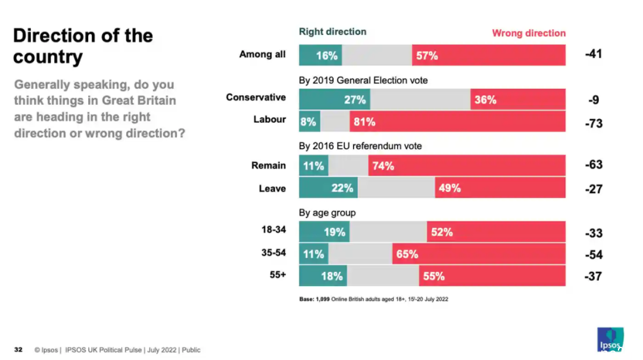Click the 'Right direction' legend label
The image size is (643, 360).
[332, 32]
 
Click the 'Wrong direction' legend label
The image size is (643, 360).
[529, 33]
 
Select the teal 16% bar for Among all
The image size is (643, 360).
[320, 55]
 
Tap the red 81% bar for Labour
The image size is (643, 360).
[457, 122]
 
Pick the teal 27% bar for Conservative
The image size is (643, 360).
[334, 99]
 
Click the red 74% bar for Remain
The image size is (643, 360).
[467, 165]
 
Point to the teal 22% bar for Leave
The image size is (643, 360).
[328, 188]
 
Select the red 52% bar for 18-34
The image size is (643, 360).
[496, 232]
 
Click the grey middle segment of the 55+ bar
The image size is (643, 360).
[383, 276]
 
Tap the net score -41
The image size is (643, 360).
[593, 54]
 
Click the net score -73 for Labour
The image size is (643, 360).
[593, 123]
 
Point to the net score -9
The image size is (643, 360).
[594, 100]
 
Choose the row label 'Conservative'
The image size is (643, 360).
[255, 97]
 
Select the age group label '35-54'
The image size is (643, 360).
[273, 253]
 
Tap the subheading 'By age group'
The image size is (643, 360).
[327, 212]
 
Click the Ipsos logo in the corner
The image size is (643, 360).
[610, 339]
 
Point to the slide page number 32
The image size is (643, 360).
[18, 350]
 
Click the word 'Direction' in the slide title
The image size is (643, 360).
[55, 36]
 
